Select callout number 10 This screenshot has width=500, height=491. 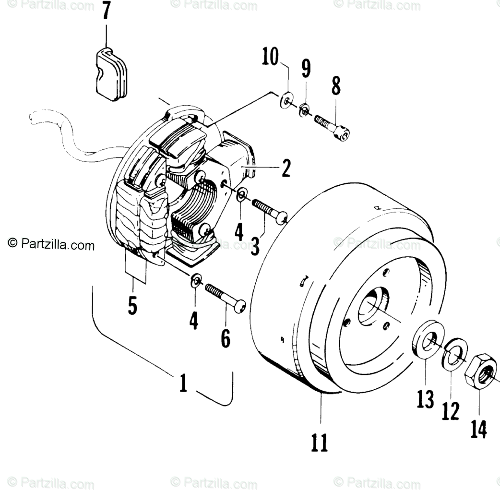(x=271, y=58)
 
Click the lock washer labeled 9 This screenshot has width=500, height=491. (x=304, y=111)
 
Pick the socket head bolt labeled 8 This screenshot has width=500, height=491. (x=332, y=127)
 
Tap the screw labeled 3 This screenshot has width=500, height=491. (x=266, y=211)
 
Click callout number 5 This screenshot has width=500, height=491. (x=132, y=305)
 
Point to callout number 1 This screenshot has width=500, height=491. (x=183, y=383)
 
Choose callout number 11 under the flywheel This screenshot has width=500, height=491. (x=320, y=442)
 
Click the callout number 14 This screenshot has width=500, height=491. (x=478, y=429)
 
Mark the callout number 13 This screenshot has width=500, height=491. (x=425, y=399)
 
